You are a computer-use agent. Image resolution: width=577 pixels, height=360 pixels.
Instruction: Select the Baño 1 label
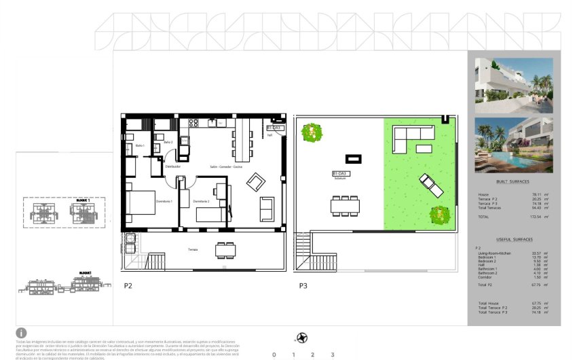pos(140,146)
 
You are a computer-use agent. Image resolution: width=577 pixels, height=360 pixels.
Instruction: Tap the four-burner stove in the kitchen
pos(193,123)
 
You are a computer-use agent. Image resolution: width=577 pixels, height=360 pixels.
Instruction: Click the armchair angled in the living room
pos(256,181)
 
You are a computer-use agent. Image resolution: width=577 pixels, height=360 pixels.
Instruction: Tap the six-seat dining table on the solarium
pos(345,204)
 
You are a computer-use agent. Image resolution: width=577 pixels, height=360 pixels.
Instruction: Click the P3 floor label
pos(303,286)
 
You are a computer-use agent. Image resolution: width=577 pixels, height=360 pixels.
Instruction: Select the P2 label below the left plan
pos(128,286)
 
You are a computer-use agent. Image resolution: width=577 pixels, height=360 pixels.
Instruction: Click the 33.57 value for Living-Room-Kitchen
pos(538,253)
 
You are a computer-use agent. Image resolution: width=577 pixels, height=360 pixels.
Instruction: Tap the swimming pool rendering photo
pos(514,145)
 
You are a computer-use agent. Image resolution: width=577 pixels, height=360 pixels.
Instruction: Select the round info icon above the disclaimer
pos(22,332)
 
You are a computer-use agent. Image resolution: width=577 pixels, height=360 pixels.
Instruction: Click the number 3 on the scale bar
pos(332,355)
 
